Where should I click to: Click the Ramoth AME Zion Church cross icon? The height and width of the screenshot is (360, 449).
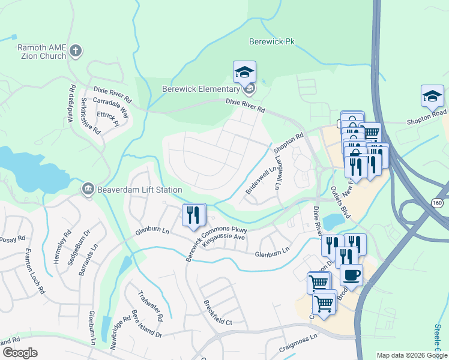76,51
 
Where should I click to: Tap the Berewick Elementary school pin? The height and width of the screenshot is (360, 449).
244,73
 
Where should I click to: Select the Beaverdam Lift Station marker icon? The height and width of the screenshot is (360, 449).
88,190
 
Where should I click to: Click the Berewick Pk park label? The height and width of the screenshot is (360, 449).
274,41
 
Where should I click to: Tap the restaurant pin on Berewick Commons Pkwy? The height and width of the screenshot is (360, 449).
193,215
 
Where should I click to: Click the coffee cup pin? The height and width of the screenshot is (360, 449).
351,275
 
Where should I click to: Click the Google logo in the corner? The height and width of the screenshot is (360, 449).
20,353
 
